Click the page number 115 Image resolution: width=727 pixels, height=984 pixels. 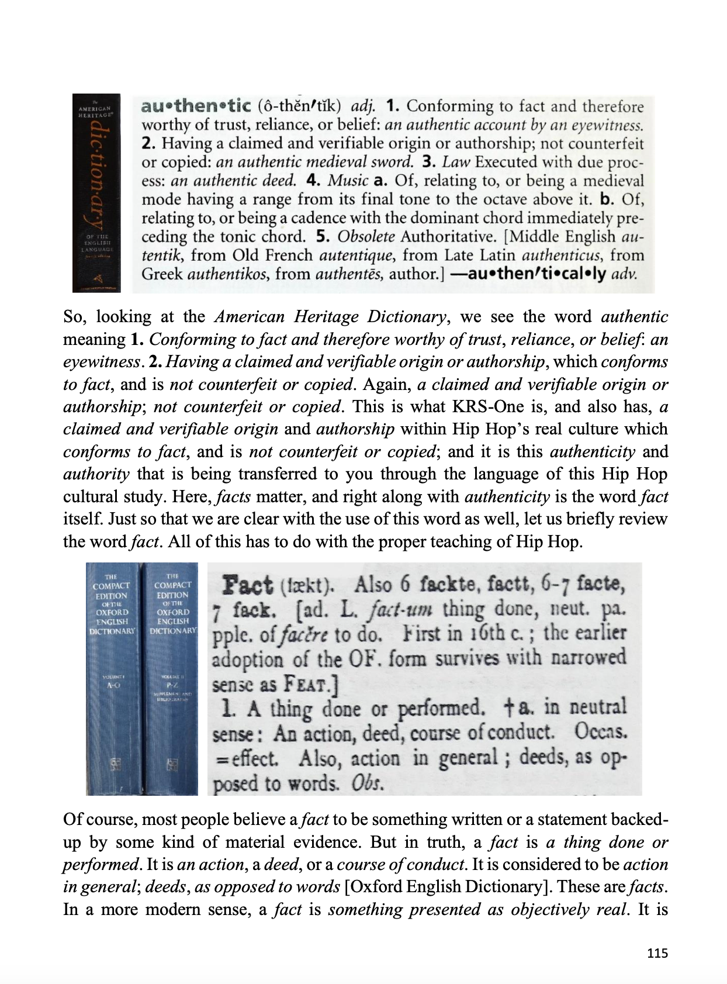[x=657, y=953]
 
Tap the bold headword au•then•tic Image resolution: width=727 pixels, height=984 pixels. [x=196, y=106]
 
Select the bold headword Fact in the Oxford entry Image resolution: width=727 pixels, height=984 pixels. [x=247, y=585]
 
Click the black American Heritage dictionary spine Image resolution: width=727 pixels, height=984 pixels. [x=96, y=193]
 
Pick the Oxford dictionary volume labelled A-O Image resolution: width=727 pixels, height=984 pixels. [x=113, y=678]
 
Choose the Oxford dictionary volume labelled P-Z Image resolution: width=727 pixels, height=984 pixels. [x=172, y=678]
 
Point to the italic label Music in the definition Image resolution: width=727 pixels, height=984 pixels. [x=348, y=181]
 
